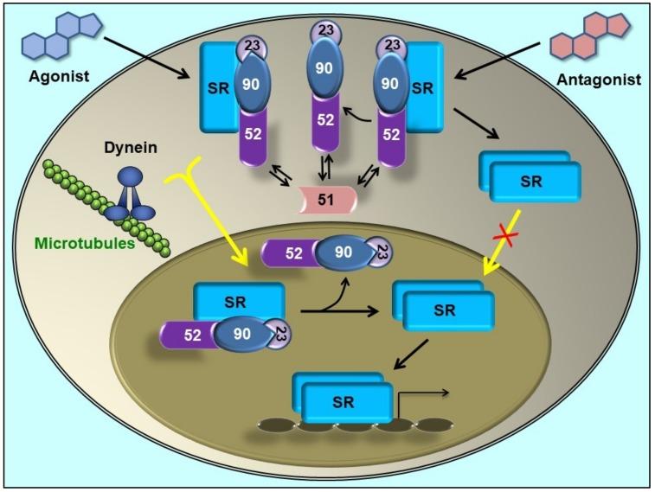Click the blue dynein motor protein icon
point(130,195)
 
